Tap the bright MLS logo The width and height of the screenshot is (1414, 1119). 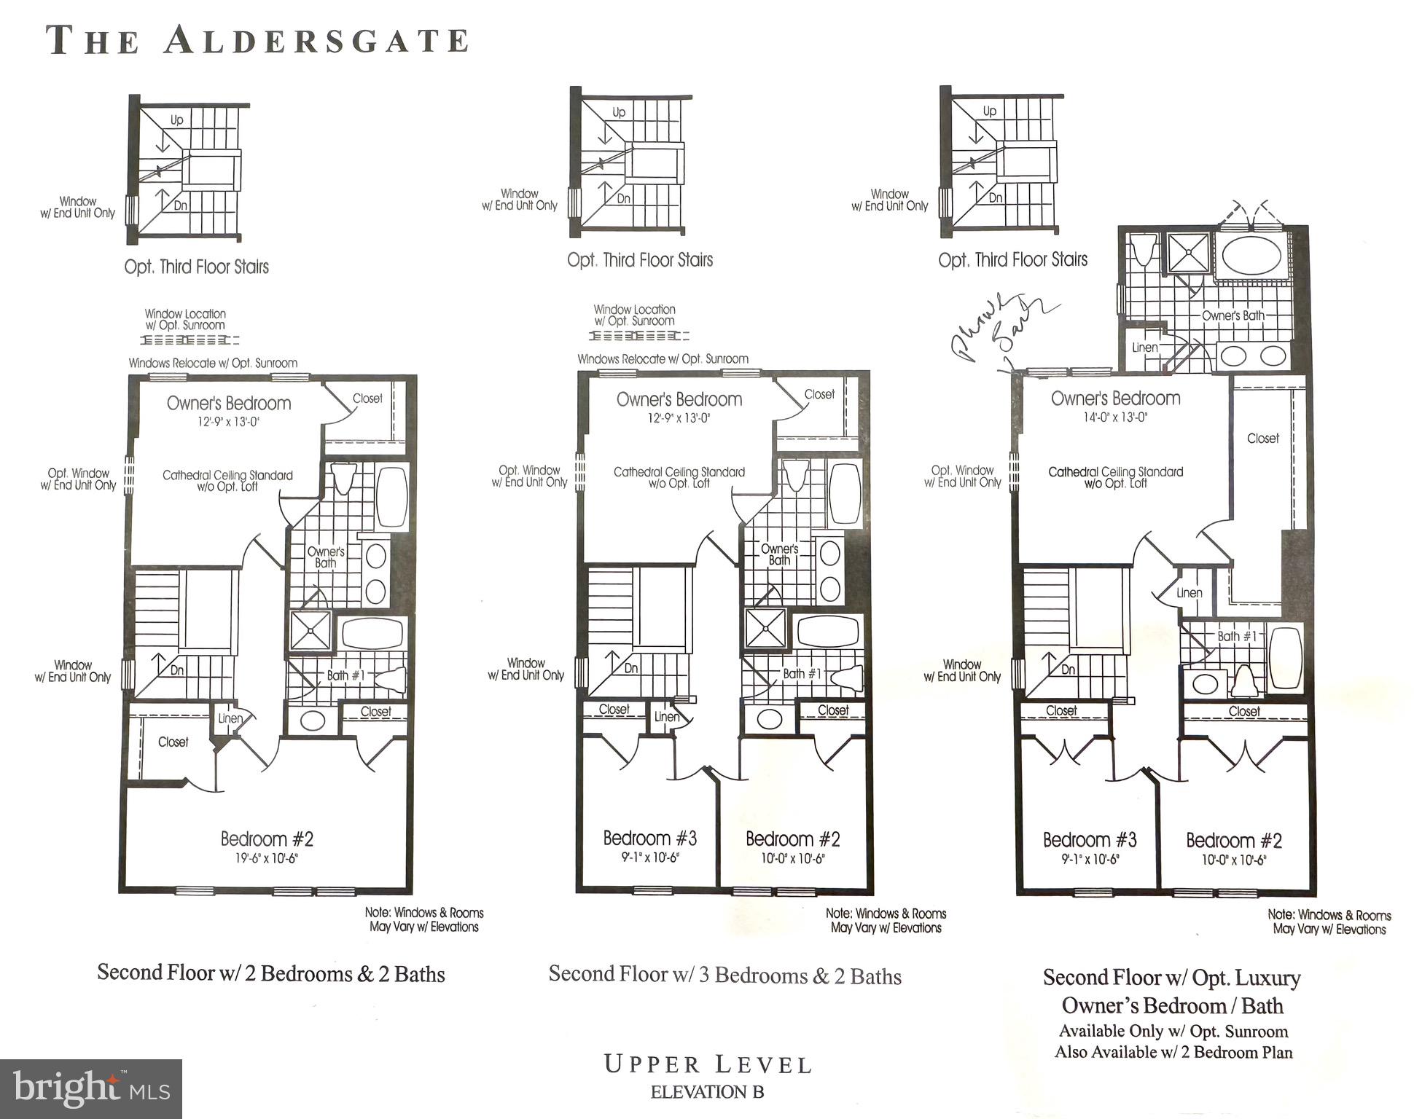pyautogui.click(x=90, y=1088)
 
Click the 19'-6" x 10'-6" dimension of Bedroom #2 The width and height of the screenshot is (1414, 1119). pyautogui.click(x=267, y=859)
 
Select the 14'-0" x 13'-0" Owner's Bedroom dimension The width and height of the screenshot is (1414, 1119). pyautogui.click(x=1115, y=417)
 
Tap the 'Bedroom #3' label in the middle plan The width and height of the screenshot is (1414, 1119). pyautogui.click(x=649, y=839)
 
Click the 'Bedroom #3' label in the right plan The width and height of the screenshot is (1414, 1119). pyautogui.click(x=1089, y=840)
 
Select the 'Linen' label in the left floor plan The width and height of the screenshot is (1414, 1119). pyautogui.click(x=230, y=718)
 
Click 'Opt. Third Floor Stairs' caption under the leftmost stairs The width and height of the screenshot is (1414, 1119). pyautogui.click(x=196, y=267)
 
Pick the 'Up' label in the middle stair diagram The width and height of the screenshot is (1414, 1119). pyautogui.click(x=619, y=112)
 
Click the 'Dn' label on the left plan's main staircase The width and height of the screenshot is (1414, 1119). pyautogui.click(x=177, y=670)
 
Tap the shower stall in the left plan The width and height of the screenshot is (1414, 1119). pyautogui.click(x=310, y=631)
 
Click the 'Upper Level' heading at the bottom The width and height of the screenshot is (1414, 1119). pyautogui.click(x=707, y=1064)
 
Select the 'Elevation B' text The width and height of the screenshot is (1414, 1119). pyautogui.click(x=707, y=1092)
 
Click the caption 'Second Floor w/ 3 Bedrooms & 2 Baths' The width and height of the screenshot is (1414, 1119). pyautogui.click(x=724, y=975)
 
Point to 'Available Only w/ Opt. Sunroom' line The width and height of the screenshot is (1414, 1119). pyautogui.click(x=1173, y=1031)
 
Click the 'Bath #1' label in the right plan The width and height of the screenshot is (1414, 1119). pyautogui.click(x=1237, y=636)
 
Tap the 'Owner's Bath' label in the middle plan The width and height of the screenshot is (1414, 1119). pyautogui.click(x=779, y=554)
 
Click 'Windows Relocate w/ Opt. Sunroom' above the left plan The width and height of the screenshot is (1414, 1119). pyautogui.click(x=213, y=363)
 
